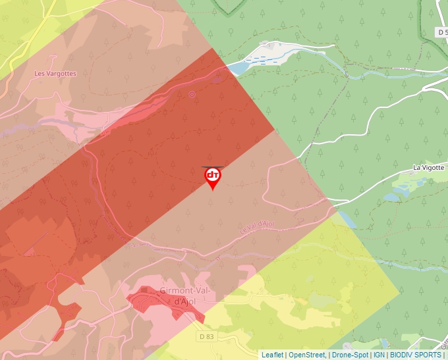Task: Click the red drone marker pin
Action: click(x=213, y=178)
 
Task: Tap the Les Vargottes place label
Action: click(x=55, y=73)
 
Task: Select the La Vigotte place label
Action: click(x=429, y=168)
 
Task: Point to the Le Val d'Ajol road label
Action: click(x=256, y=227)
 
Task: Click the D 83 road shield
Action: click(x=206, y=336)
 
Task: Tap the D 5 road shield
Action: click(x=442, y=32)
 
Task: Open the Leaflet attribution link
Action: click(x=272, y=355)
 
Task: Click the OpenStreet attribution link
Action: click(x=306, y=355)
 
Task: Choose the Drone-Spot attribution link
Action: click(x=350, y=355)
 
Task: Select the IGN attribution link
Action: click(x=379, y=355)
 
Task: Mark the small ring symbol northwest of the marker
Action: click(x=192, y=94)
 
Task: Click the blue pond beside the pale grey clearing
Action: click(x=238, y=67)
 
